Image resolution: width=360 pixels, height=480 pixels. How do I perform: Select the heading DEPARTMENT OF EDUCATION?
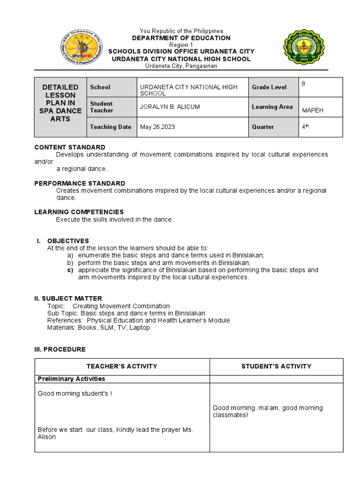tap(181, 38)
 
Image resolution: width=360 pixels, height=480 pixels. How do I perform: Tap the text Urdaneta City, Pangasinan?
tap(181, 66)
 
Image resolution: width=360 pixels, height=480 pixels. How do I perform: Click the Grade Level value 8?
tap(304, 83)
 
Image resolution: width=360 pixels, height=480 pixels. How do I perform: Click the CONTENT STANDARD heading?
tap(70, 147)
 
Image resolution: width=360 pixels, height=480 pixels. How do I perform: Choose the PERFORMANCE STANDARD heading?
tap(80, 183)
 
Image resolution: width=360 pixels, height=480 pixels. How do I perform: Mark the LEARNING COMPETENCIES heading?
tap(79, 212)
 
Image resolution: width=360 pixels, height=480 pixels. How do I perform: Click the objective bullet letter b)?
tap(70, 263)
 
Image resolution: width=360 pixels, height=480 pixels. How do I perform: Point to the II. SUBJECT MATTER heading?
tap(68, 299)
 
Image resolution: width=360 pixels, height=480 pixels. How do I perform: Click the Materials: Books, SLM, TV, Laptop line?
tap(98, 328)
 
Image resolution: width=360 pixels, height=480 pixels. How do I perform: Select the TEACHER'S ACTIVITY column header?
tap(122, 367)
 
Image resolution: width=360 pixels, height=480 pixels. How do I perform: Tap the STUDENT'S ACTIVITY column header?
tap(276, 367)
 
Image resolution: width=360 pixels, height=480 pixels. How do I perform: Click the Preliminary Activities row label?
tap(71, 379)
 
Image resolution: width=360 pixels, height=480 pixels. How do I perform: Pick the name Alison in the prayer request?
tap(46, 437)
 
